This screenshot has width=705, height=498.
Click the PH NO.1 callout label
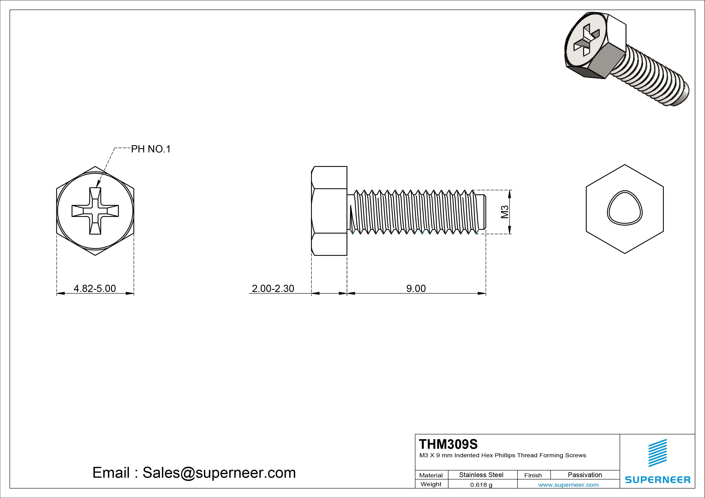tap(151, 149)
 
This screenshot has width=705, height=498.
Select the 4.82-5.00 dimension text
tap(95, 288)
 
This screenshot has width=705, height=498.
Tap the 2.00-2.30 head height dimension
tap(273, 288)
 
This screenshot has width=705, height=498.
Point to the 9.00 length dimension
tap(416, 288)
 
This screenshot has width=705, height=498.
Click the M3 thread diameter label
tap(504, 212)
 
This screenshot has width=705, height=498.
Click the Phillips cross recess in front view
tap(95, 211)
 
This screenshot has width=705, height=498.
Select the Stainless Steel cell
tap(481, 475)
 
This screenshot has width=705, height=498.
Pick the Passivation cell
tap(585, 475)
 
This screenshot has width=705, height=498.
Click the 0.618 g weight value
tap(481, 485)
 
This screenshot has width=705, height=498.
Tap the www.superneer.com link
tap(568, 485)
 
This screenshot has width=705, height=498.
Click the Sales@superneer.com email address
tap(219, 472)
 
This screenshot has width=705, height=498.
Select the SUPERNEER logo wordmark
tap(657, 480)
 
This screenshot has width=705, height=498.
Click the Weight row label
tap(431, 484)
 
